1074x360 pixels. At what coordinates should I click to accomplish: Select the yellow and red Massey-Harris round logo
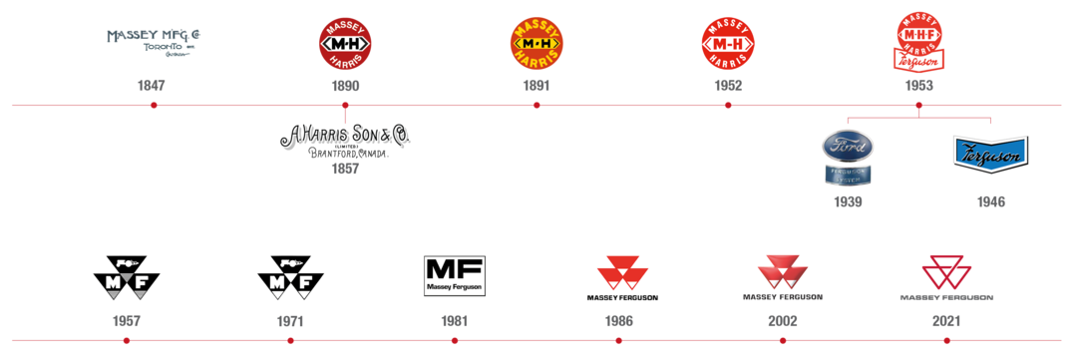click(x=537, y=44)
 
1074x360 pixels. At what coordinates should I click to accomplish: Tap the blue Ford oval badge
click(x=848, y=147)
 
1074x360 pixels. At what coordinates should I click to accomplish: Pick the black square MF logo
click(x=454, y=276)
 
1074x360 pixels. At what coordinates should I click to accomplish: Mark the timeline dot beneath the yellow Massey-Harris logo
click(x=537, y=105)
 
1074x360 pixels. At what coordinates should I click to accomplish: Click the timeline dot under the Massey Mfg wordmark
click(x=152, y=105)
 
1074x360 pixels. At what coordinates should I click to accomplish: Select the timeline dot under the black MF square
click(x=454, y=341)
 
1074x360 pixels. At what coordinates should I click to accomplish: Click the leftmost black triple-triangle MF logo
click(x=127, y=278)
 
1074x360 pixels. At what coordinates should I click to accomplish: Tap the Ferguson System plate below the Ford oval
click(x=848, y=175)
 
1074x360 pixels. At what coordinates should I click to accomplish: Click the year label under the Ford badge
click(x=848, y=201)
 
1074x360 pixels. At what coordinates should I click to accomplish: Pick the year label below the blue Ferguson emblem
click(x=990, y=201)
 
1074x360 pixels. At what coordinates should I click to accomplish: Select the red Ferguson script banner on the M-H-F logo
click(x=920, y=62)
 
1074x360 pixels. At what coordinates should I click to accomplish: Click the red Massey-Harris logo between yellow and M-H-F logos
click(x=728, y=44)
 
